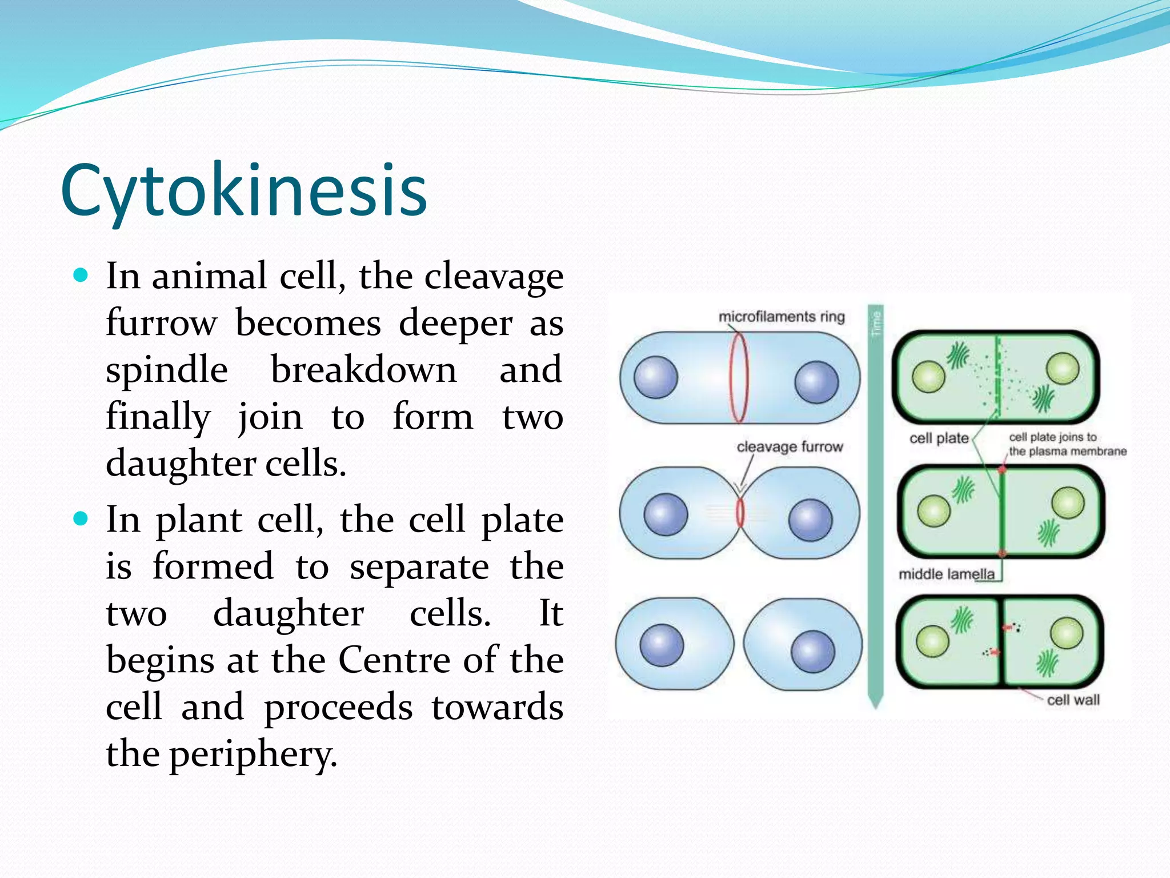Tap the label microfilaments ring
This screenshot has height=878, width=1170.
pyautogui.click(x=781, y=317)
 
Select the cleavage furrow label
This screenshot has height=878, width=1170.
pyautogui.click(x=790, y=446)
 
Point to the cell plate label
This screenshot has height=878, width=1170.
pyautogui.click(x=939, y=438)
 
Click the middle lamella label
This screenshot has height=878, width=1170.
pyautogui.click(x=946, y=574)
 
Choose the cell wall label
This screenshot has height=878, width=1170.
pyautogui.click(x=1073, y=700)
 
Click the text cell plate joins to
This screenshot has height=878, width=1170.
pyautogui.click(x=1052, y=437)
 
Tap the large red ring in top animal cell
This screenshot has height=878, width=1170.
pyautogui.click(x=739, y=378)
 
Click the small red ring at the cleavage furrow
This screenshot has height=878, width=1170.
pyautogui.click(x=740, y=513)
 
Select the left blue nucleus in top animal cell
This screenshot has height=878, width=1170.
pyautogui.click(x=656, y=377)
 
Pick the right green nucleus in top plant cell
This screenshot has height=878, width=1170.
pyautogui.click(x=1063, y=368)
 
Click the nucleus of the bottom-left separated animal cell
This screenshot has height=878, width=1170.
pyautogui.click(x=662, y=645)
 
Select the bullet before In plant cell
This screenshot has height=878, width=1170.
pyautogui.click(x=81, y=519)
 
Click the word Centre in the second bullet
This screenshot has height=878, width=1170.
pyautogui.click(x=394, y=660)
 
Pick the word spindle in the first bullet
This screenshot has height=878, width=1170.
pyautogui.click(x=167, y=369)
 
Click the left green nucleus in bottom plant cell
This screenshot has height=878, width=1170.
pyautogui.click(x=932, y=641)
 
